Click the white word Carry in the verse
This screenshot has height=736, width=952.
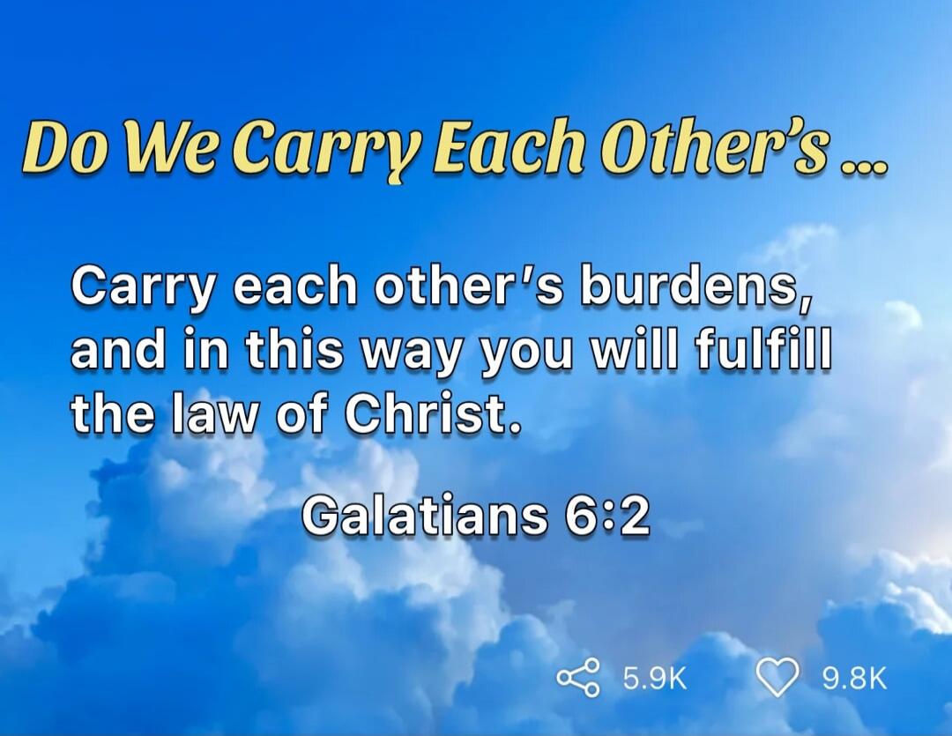pyautogui.click(x=143, y=286)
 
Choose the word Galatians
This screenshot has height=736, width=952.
pyautogui.click(x=422, y=515)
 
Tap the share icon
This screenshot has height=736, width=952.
pyautogui.click(x=578, y=679)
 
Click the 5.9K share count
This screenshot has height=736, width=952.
pyautogui.click(x=654, y=679)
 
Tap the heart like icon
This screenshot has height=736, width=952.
pyautogui.click(x=777, y=679)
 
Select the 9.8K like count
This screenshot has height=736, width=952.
pyautogui.click(x=853, y=679)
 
